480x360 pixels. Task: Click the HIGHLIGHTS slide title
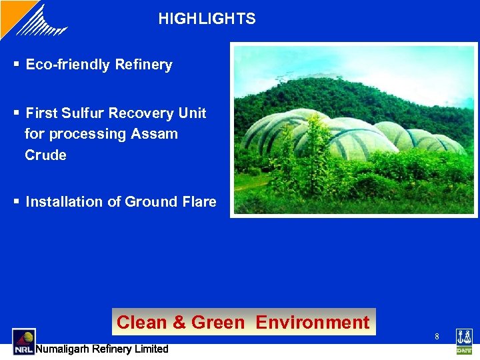(207, 19)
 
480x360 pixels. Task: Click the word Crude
(45, 155)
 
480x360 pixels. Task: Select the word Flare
(198, 202)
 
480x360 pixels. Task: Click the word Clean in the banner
(141, 323)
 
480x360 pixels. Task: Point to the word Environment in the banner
(312, 323)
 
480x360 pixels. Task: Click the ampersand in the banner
(179, 323)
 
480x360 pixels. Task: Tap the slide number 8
(437, 337)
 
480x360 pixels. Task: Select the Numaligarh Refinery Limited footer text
(101, 349)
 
